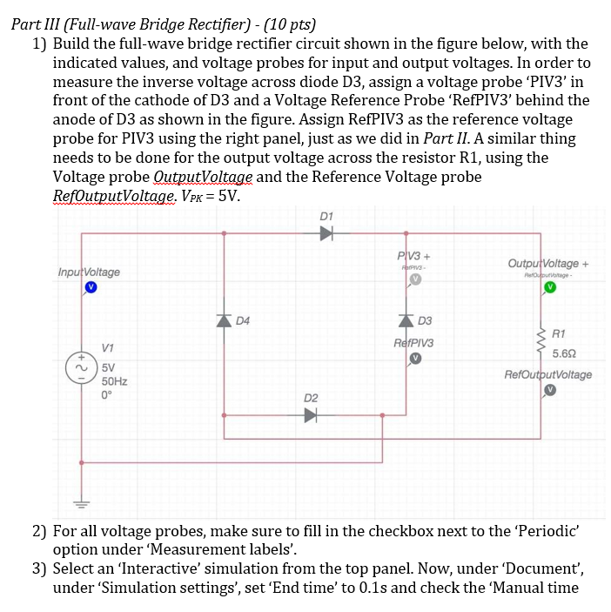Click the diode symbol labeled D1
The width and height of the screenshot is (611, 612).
(326, 233)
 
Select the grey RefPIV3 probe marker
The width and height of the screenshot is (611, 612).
(416, 358)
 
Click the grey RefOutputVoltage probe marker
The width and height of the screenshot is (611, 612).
(547, 391)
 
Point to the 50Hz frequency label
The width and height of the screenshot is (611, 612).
(115, 380)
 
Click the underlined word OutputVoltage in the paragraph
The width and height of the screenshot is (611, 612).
(204, 178)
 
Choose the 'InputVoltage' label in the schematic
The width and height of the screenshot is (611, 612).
(89, 272)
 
